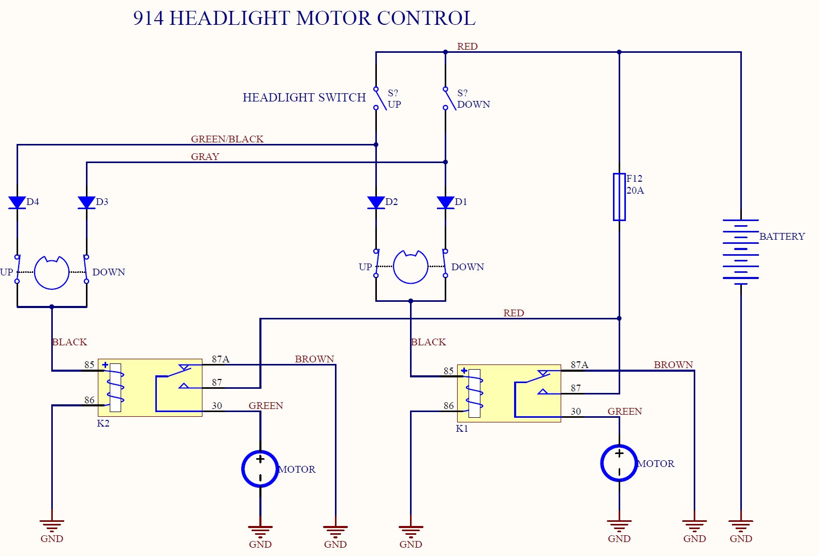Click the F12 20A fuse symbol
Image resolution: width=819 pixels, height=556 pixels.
point(619,197)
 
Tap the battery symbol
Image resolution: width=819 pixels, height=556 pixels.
point(741,252)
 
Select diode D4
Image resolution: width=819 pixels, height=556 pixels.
point(17,202)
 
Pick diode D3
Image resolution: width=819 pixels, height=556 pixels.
point(86,202)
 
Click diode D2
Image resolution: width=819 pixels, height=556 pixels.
point(376,202)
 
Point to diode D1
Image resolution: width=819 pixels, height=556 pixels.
point(445,202)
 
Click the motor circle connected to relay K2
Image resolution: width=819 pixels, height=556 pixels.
point(260,469)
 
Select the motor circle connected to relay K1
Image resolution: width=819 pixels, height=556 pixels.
point(619,463)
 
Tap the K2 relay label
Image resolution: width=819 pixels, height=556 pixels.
point(103,423)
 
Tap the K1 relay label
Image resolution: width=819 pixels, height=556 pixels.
point(462,429)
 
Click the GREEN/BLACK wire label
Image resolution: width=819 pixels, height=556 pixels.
point(227,139)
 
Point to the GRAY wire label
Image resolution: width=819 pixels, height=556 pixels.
point(205,156)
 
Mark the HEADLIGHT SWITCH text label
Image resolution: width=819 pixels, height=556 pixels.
point(304,97)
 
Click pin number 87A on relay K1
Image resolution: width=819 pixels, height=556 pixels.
point(579,365)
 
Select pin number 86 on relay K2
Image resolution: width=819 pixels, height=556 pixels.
point(90,400)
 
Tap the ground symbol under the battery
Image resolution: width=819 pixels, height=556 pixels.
point(741,525)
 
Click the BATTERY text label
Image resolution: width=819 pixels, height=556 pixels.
point(782,237)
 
